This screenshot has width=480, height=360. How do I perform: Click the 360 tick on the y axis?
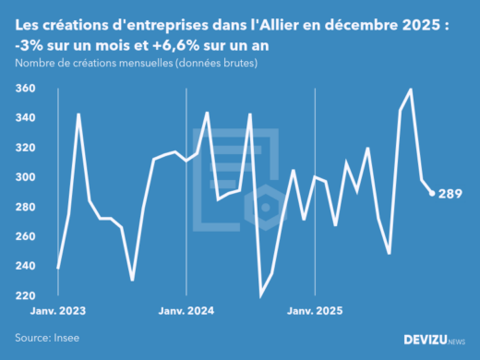tap(26, 89)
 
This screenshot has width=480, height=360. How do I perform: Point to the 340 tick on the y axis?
tap(26, 118)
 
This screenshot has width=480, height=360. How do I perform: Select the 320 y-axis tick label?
tap(26, 148)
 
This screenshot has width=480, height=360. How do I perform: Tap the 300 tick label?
tap(26, 177)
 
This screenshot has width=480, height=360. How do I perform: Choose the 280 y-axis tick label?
tap(26, 207)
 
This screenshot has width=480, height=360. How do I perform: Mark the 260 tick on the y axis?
tap(26, 236)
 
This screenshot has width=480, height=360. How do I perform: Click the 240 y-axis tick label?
tap(26, 266)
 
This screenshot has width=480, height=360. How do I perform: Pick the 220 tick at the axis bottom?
tap(26, 295)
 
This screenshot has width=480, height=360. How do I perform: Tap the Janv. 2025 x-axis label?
tap(316, 312)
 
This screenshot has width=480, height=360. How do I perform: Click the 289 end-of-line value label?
tap(450, 193)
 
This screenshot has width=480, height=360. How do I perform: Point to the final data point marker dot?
tap(433, 193)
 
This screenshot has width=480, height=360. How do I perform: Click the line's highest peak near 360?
tap(411, 90)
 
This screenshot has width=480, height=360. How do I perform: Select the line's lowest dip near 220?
tap(260, 295)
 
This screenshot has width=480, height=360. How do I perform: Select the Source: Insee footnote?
tap(44, 339)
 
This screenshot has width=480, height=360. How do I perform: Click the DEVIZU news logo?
tap(435, 340)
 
